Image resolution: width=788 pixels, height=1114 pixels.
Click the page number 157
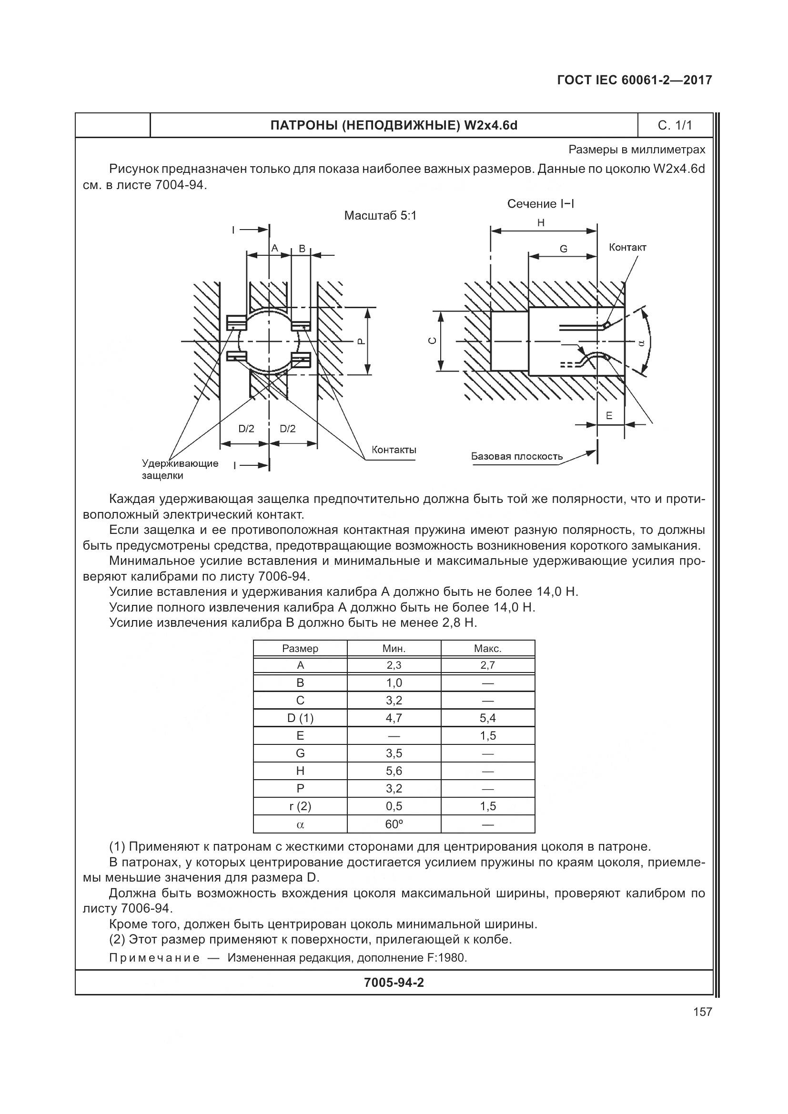[x=702, y=1011]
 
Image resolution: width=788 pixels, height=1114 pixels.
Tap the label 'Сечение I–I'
[x=541, y=204]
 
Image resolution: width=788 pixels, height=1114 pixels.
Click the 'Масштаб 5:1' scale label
[x=380, y=215]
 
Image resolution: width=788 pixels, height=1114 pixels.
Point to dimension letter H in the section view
[x=541, y=223]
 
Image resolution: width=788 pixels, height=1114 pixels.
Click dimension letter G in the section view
[x=563, y=249]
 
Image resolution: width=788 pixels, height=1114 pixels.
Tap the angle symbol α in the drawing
[x=641, y=342]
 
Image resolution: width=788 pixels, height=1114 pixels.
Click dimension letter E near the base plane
[x=609, y=416]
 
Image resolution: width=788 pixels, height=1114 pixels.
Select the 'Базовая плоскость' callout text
[x=517, y=456]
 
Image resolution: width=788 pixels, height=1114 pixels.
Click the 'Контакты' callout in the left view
[x=394, y=450]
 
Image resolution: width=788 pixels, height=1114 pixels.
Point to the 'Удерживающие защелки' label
[x=180, y=469]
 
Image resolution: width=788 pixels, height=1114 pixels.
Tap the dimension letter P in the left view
[x=360, y=341]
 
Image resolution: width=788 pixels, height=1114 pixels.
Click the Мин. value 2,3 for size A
[x=394, y=665]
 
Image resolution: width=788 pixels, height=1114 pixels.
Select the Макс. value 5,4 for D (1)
[x=488, y=718]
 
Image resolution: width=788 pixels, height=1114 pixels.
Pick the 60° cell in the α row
[x=394, y=824]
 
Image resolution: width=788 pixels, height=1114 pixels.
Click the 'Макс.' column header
[x=488, y=648]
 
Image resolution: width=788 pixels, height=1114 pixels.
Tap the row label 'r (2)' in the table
[x=300, y=806]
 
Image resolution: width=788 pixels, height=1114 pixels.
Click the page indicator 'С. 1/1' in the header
[x=675, y=126]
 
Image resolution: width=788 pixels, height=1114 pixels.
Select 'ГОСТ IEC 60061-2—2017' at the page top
[x=634, y=80]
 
